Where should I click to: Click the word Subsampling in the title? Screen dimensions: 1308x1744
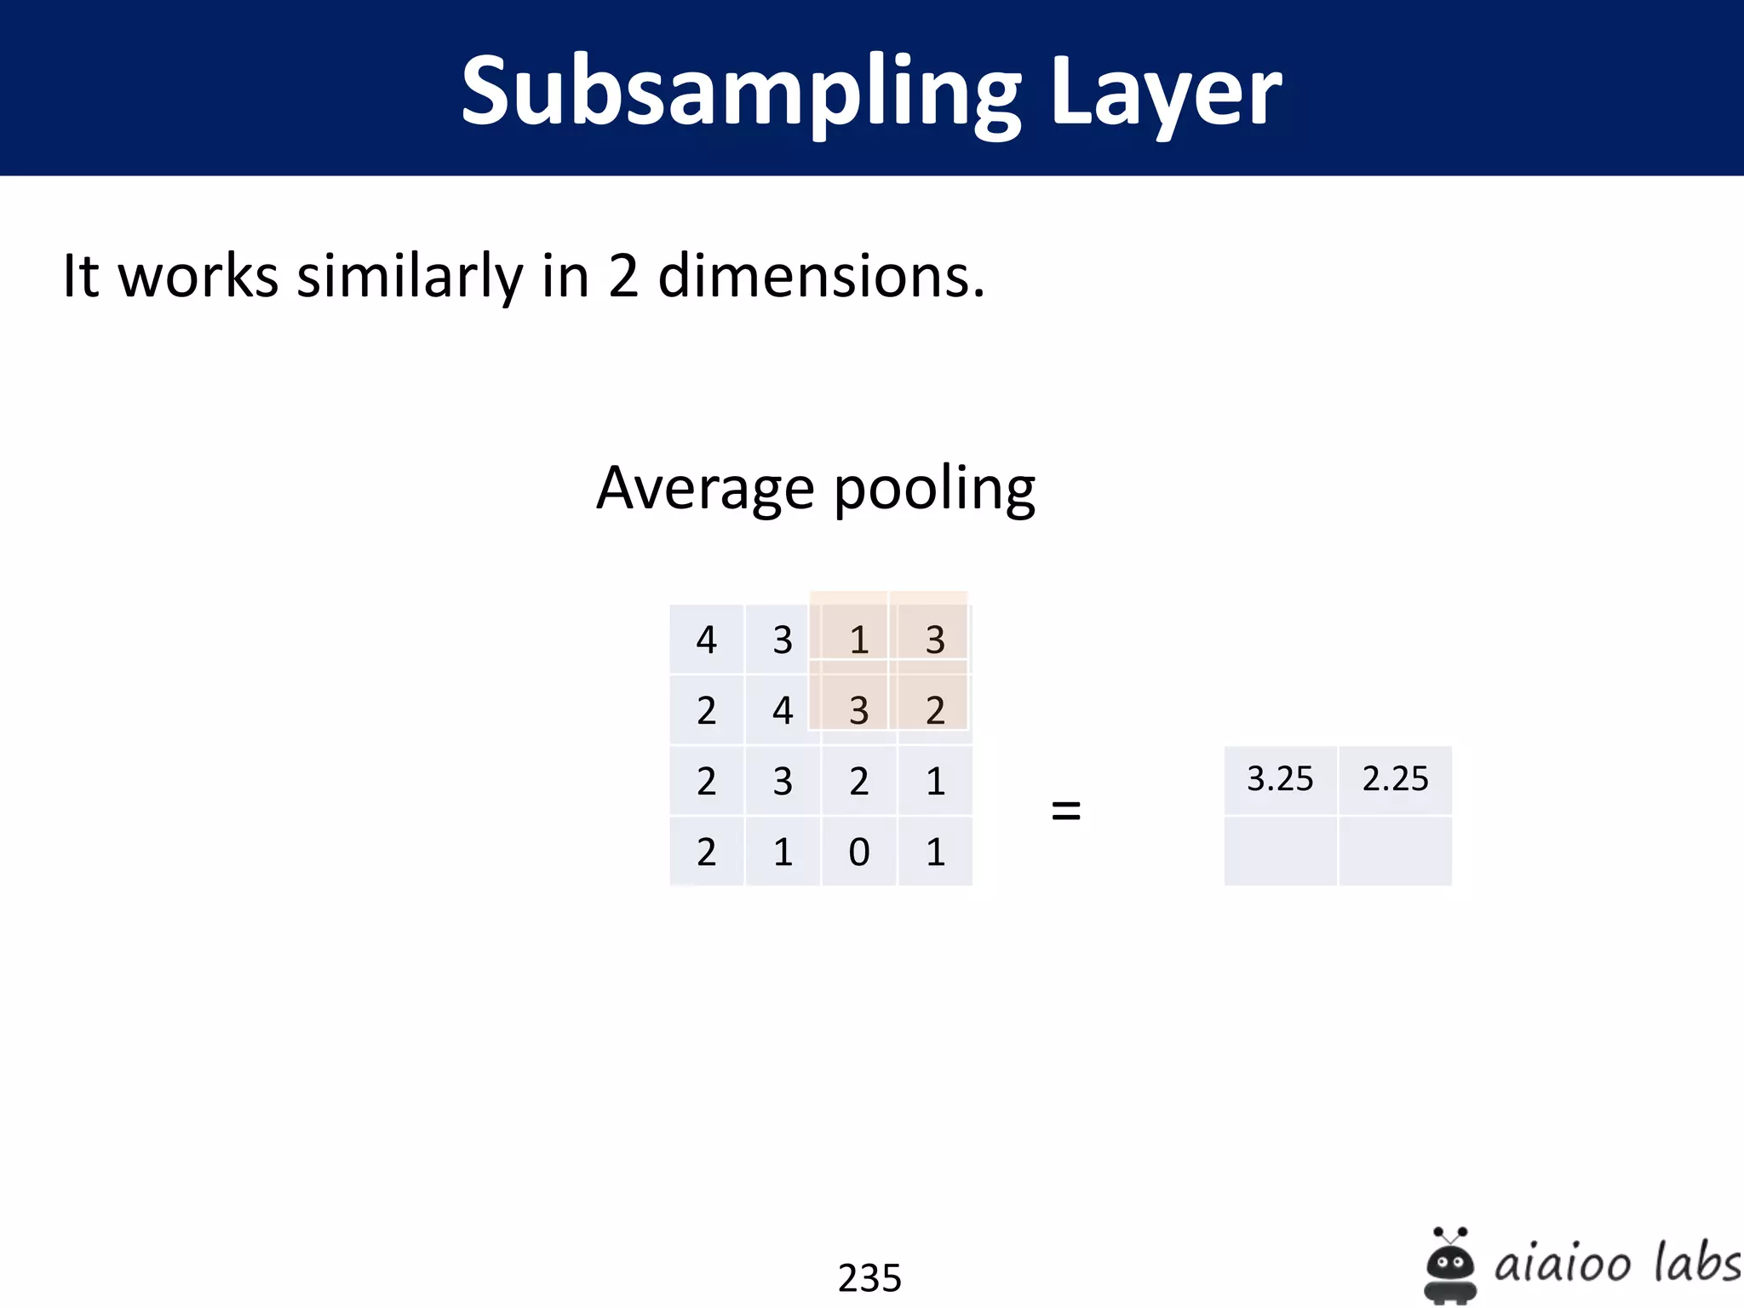(x=741, y=92)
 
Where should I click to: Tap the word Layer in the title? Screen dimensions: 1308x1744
(x=1166, y=92)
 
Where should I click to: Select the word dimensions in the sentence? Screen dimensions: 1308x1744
(x=821, y=276)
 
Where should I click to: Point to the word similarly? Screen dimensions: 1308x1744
(x=410, y=276)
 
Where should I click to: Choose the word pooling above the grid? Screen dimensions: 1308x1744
(x=934, y=489)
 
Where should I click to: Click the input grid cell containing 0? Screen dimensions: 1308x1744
(x=858, y=852)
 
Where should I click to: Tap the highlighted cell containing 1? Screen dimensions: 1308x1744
(x=858, y=640)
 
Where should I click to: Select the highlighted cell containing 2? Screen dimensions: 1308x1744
(x=935, y=710)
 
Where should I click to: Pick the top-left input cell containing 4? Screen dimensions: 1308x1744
(x=706, y=640)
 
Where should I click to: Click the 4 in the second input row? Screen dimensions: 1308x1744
(x=783, y=710)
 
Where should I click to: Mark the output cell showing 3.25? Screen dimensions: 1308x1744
(x=1280, y=779)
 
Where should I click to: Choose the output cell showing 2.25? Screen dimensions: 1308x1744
(x=1395, y=779)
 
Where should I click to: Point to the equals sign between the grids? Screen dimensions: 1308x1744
(x=1066, y=810)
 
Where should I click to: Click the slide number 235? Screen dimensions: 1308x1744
(x=869, y=1277)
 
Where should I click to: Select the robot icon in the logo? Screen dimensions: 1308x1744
(x=1449, y=1265)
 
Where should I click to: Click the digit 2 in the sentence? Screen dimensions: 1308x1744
(x=623, y=276)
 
